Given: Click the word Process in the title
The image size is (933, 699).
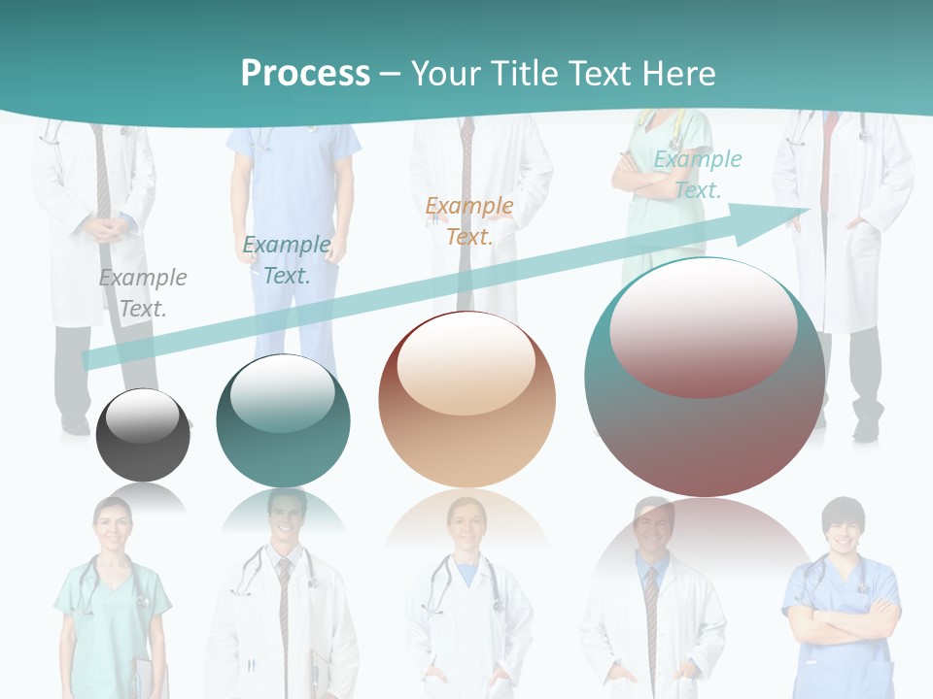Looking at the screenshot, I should [305, 73].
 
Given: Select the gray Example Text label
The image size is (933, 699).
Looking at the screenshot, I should [143, 293].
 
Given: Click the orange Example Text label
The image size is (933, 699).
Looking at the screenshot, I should [469, 220].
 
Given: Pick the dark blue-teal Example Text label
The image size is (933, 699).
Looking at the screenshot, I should [287, 260].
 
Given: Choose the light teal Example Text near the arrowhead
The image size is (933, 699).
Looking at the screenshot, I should [697, 175].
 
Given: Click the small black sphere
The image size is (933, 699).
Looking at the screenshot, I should [143, 435].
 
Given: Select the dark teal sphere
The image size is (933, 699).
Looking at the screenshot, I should [283, 420].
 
